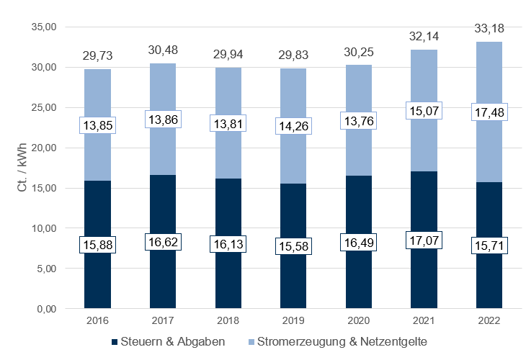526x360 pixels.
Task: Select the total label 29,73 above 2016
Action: click(97, 57)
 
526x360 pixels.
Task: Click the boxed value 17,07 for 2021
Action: click(423, 240)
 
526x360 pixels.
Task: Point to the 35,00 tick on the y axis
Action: click(44, 27)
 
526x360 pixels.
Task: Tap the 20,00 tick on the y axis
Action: click(44, 148)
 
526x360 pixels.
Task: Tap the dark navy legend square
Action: click(116, 340)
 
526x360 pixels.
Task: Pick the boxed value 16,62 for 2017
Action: click(162, 243)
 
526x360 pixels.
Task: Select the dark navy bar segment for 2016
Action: click(97, 281)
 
